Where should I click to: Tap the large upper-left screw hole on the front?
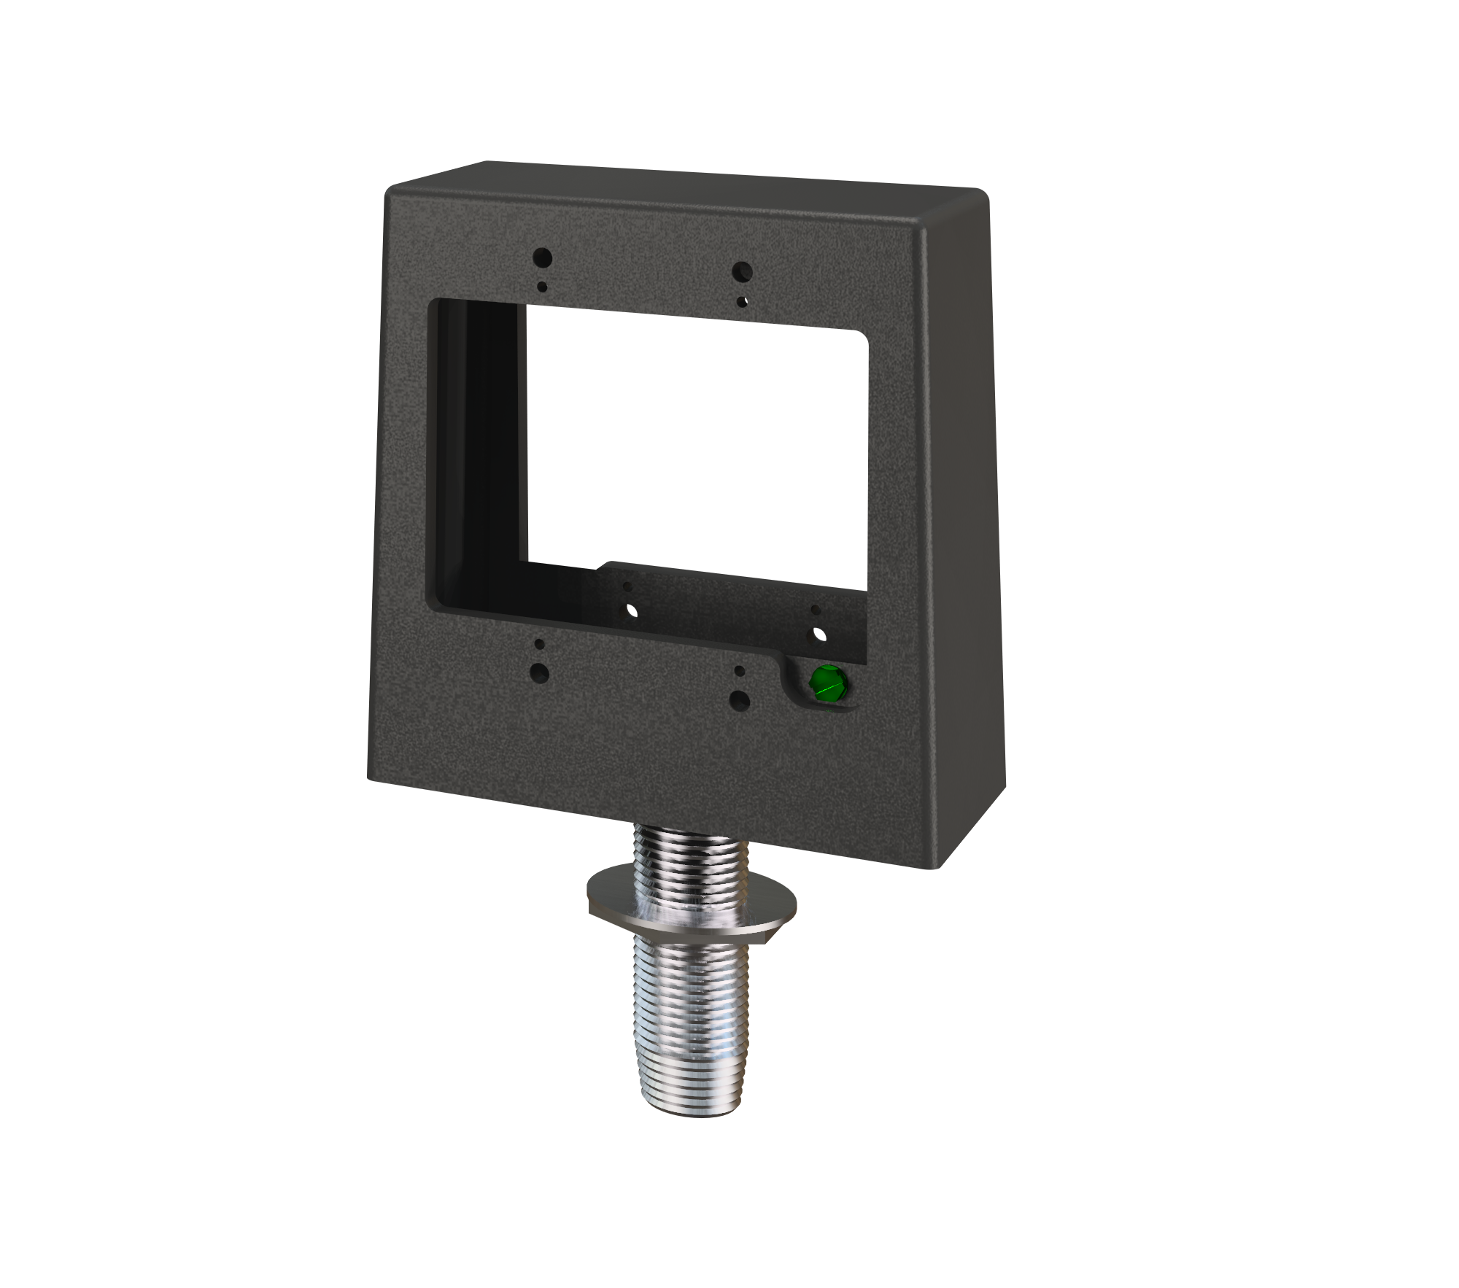point(542,257)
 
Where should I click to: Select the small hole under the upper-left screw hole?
point(542,287)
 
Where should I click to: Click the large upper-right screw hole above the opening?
point(742,272)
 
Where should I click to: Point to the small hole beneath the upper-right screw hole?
point(742,300)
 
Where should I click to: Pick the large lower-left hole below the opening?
point(540,672)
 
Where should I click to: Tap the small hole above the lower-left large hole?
point(539,645)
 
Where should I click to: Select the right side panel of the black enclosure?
point(963,511)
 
